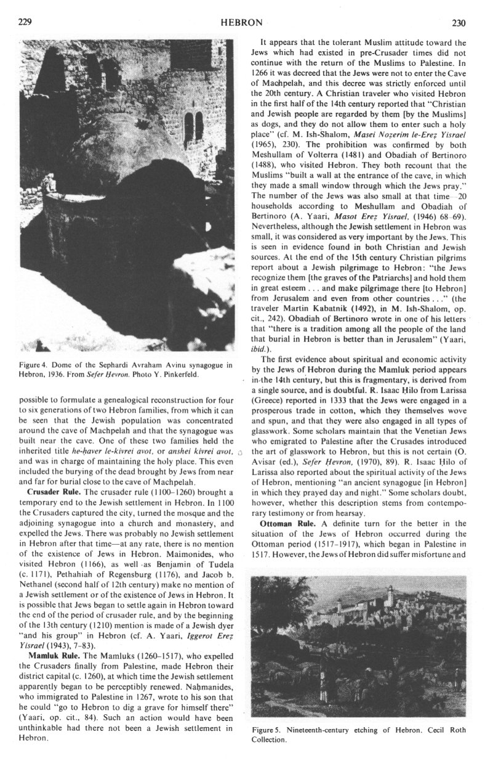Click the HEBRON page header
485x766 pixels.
click(242, 22)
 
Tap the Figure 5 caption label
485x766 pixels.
click(268, 730)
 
